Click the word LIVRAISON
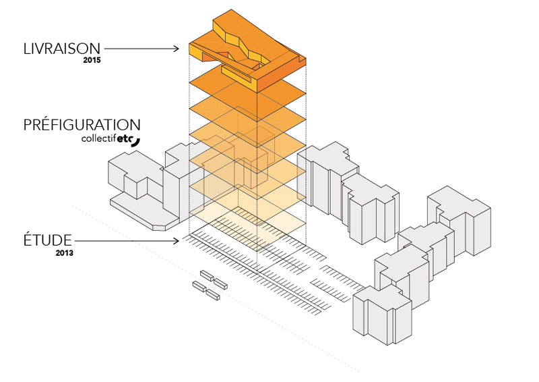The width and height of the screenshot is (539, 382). coord(61,49)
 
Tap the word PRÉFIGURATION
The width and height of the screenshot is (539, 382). coord(82,126)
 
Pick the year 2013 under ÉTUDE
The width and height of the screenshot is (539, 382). coord(65,253)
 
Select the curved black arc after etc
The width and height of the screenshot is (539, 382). coord(137,141)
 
